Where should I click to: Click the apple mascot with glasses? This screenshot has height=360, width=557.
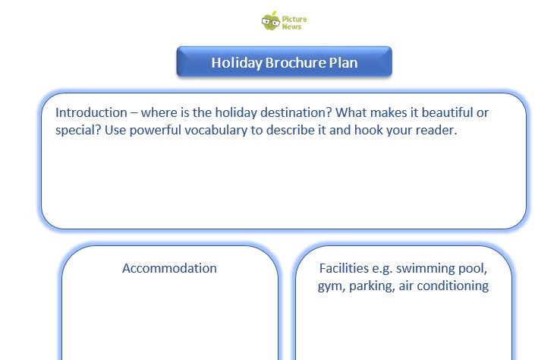point(271,21)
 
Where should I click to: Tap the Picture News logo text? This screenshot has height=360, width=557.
point(294,23)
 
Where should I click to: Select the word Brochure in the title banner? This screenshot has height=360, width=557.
point(295,62)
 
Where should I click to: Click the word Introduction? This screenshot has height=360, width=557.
point(91,112)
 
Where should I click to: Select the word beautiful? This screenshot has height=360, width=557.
point(447,112)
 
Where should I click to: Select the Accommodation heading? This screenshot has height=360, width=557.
point(169,268)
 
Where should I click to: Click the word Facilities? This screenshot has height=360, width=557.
point(344,268)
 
